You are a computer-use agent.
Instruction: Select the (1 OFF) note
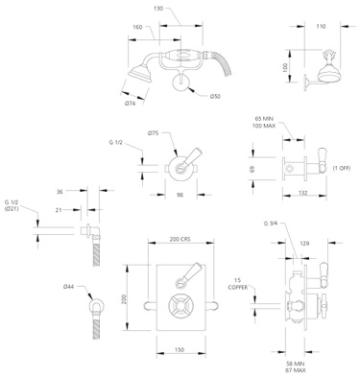341,168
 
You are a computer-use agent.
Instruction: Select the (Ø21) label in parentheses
12,209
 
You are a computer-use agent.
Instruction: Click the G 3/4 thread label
272,224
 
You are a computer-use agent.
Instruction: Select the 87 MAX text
295,371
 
